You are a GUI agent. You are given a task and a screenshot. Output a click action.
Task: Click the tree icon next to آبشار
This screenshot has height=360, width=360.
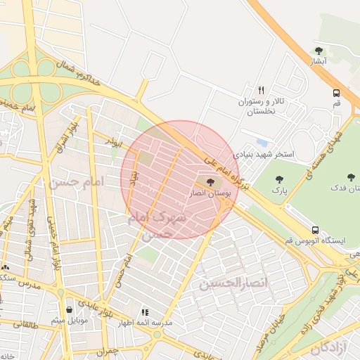click(319, 51)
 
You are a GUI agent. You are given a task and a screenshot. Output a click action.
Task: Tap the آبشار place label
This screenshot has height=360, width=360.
click(319, 62)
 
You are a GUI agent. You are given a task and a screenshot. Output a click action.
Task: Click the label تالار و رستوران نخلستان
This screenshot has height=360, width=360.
click(262, 107)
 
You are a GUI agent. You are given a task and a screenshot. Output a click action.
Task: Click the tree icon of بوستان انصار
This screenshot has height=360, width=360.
click(212, 183)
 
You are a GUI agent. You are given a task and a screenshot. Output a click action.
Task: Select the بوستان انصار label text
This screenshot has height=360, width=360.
click(206, 193)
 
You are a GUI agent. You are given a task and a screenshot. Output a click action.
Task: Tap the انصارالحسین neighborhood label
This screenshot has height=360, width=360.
click(225, 284)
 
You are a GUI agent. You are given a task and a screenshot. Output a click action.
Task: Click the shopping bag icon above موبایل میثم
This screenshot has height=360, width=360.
click(69, 309)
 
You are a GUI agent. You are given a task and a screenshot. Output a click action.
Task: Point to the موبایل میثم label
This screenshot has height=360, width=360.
click(69, 321)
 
